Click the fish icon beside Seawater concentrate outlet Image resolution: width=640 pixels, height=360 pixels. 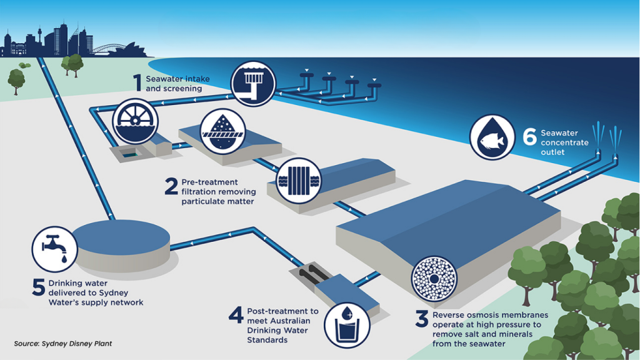coord(492,137)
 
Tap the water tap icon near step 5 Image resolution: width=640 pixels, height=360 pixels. coord(55,249)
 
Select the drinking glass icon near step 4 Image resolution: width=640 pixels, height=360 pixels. coord(347,325)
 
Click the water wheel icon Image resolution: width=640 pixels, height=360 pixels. coord(135,121)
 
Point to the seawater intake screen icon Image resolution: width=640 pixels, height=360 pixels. coord(253,84)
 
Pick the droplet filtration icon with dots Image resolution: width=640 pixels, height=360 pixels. coord(222,131)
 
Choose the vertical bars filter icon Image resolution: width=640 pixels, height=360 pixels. coord(299,181)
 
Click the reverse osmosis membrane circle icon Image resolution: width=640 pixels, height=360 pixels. coord(434,279)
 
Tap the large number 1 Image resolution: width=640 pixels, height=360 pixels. coord(137,83)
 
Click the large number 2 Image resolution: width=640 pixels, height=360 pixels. coord(171,186)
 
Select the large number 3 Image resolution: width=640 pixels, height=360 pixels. coord(422,319)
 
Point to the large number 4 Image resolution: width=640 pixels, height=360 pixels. coord(236,315)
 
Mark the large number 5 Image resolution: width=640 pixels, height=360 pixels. coord(39,287)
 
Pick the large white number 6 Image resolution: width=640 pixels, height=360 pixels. coord(530,137)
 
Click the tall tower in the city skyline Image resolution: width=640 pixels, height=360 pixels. coord(39,40)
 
